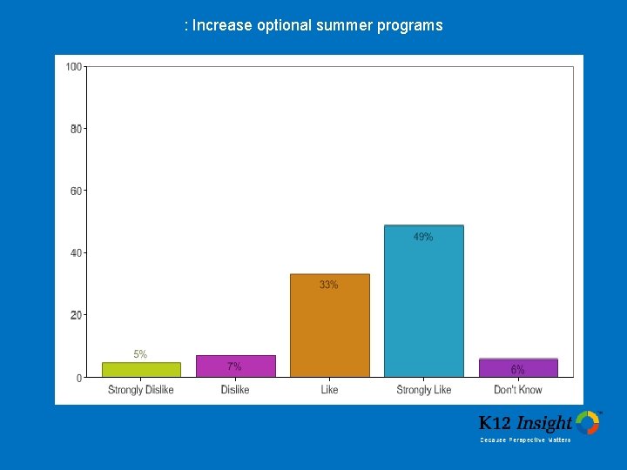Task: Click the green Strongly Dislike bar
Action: (141, 370)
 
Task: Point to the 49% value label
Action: (423, 237)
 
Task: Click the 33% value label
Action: (329, 285)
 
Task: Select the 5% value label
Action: (140, 354)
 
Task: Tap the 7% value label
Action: (235, 366)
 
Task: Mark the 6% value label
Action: (518, 370)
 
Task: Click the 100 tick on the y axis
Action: (74, 67)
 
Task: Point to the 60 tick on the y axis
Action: (77, 191)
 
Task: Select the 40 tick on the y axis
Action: (77, 253)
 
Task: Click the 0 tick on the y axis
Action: (79, 378)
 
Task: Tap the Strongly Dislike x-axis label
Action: (141, 390)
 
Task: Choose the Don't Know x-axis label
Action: (518, 390)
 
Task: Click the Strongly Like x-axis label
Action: (424, 390)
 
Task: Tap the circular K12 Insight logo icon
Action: (588, 423)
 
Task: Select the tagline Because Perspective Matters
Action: (526, 440)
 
